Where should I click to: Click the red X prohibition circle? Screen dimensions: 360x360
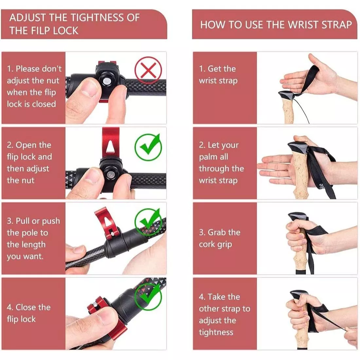pos(148,70)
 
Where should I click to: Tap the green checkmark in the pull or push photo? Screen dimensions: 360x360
pos(148,221)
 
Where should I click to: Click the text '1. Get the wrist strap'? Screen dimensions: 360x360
pos(218,75)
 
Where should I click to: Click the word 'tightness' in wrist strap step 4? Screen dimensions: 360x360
pos(216,332)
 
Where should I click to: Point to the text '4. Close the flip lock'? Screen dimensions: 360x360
pos(29,313)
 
